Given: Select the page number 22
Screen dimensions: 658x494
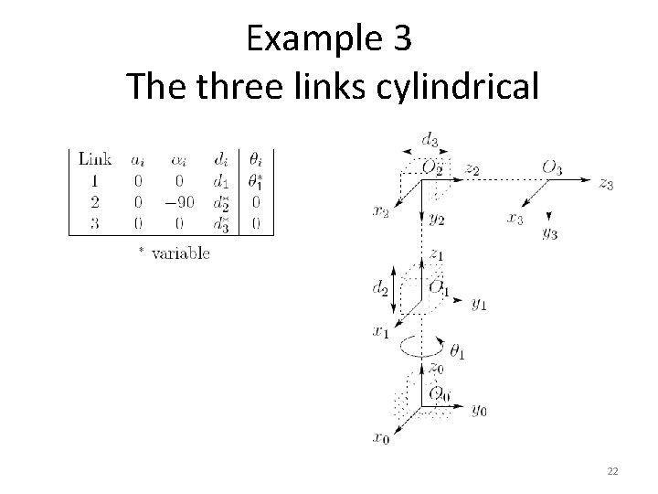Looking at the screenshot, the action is [x=612, y=470].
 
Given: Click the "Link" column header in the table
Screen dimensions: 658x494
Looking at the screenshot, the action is [x=95, y=159].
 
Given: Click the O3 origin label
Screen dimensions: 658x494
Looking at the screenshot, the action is [x=551, y=166].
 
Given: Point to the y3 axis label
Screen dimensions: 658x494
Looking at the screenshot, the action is [x=550, y=233].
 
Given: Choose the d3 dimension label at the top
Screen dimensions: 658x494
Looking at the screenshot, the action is [x=430, y=139].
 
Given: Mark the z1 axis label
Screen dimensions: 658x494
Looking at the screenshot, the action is [x=438, y=257].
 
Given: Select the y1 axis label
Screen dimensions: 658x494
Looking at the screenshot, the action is [x=478, y=305].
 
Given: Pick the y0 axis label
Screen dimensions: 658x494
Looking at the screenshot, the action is [x=479, y=411].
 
